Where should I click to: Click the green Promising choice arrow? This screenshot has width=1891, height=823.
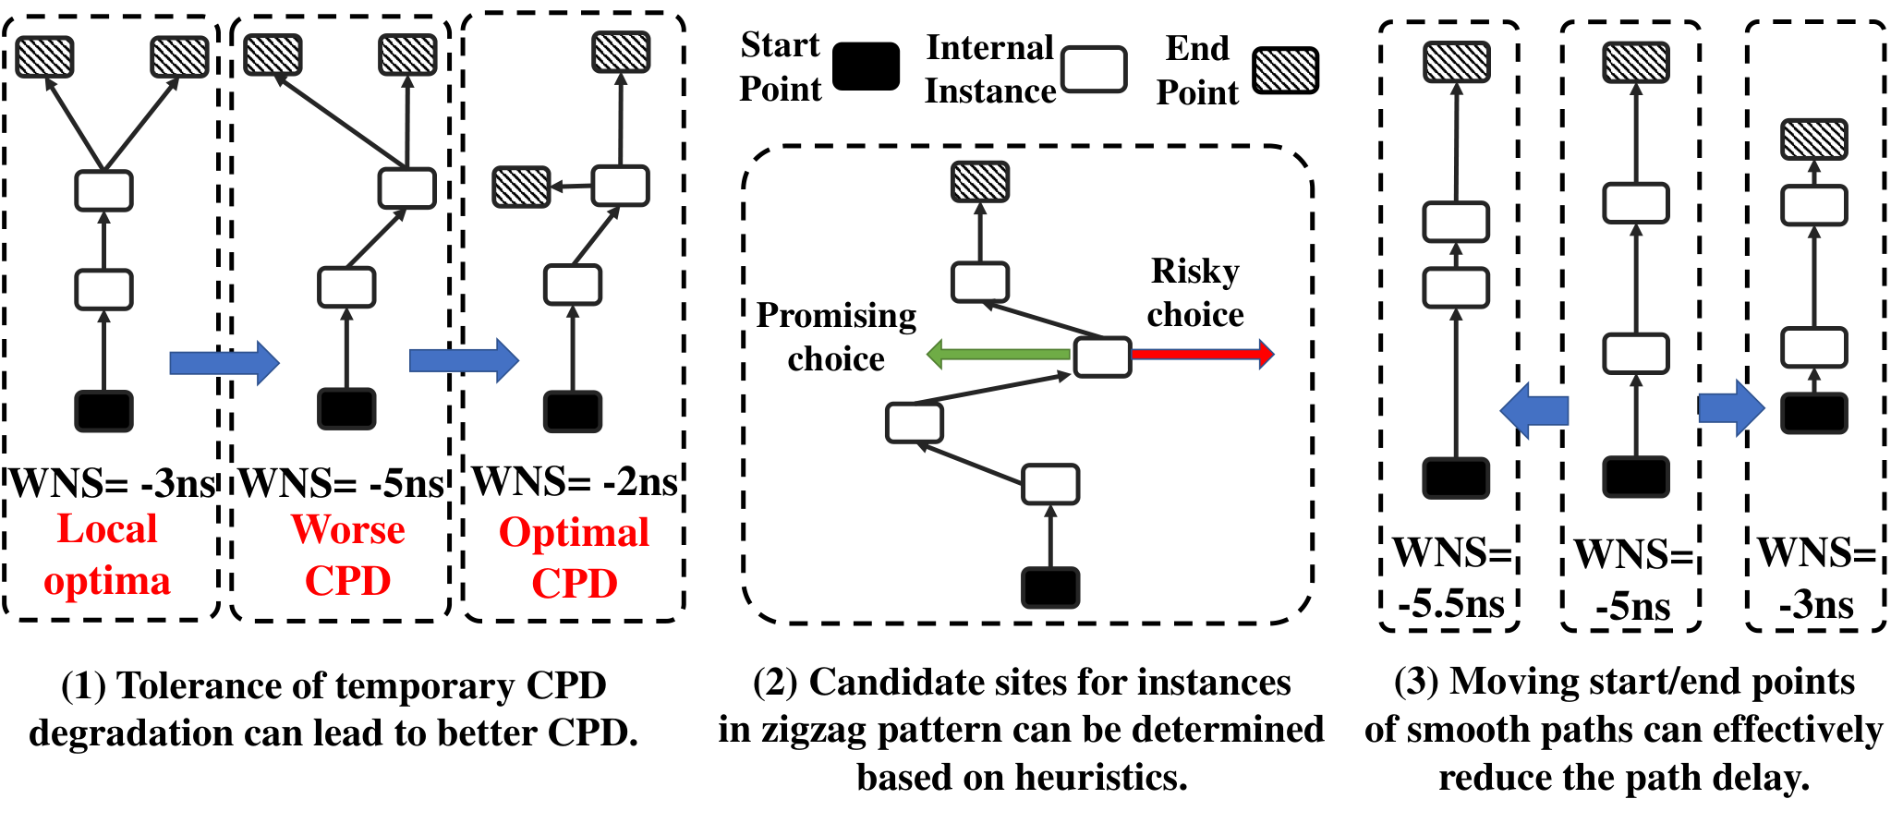[x=998, y=354]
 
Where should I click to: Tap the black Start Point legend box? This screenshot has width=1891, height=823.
[x=866, y=67]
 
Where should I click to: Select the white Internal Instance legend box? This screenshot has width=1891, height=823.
[x=1094, y=70]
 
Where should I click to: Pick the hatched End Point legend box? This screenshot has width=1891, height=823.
[x=1285, y=70]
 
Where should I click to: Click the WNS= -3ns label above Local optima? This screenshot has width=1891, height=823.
[x=113, y=483]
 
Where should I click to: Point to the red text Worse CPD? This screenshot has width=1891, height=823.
[x=348, y=554]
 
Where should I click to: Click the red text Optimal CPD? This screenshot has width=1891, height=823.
[x=574, y=557]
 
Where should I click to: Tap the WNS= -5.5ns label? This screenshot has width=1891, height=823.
[x=1451, y=578]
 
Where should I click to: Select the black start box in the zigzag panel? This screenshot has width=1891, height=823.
[x=1050, y=587]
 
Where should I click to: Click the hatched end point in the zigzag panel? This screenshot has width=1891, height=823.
[x=980, y=181]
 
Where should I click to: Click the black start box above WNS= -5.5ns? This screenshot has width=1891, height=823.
[x=1456, y=478]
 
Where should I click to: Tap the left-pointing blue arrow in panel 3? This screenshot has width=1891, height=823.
[x=1534, y=410]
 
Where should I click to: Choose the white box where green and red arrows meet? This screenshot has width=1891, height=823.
[x=1102, y=357]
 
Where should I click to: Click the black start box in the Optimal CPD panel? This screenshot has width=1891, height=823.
[x=573, y=411]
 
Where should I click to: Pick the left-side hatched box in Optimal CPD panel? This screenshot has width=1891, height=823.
[x=522, y=187]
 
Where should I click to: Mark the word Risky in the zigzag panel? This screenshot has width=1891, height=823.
[x=1195, y=272]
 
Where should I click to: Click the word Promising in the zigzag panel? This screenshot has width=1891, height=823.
[x=837, y=316]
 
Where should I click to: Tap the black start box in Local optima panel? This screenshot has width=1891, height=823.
[x=103, y=411]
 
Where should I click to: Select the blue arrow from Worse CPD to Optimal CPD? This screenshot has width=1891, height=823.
[x=464, y=360]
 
